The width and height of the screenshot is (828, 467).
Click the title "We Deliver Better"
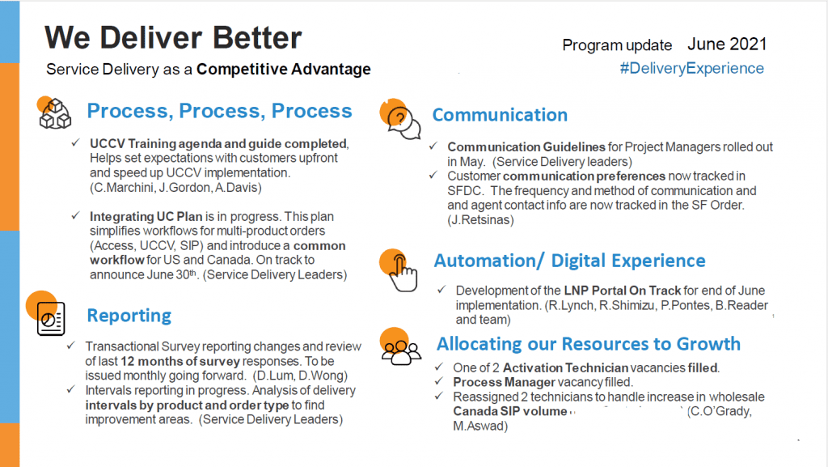pyautogui.click(x=173, y=38)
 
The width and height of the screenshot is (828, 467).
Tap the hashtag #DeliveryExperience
pyautogui.click(x=692, y=68)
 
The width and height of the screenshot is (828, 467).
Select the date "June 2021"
pyautogui.click(x=727, y=45)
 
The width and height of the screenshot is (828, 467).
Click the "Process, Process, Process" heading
pyautogui.click(x=219, y=111)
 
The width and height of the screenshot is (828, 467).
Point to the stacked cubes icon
pyautogui.click(x=54, y=113)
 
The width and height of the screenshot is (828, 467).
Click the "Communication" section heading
pyautogui.click(x=500, y=115)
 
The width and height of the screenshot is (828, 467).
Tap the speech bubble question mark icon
pyautogui.click(x=403, y=121)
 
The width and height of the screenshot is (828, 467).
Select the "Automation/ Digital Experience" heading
pyautogui.click(x=569, y=261)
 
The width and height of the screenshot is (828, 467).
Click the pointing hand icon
pyautogui.click(x=403, y=273)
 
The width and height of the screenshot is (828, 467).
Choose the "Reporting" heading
pyautogui.click(x=129, y=316)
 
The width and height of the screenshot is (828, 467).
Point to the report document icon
pyautogui.click(x=51, y=319)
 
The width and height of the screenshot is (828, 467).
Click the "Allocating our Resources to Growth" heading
pyautogui.click(x=589, y=344)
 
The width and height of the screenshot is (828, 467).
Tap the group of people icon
pyautogui.click(x=401, y=352)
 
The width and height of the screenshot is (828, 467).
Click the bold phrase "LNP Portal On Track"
pyautogui.click(x=622, y=291)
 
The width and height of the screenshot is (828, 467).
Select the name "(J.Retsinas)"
pyautogui.click(x=480, y=220)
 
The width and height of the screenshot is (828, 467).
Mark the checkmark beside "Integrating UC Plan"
pyautogui.click(x=75, y=215)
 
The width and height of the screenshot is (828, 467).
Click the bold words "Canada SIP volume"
pyautogui.click(x=510, y=411)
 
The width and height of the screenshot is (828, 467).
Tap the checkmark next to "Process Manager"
pyautogui.click(x=439, y=381)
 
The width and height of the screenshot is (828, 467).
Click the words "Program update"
pyautogui.click(x=617, y=46)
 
